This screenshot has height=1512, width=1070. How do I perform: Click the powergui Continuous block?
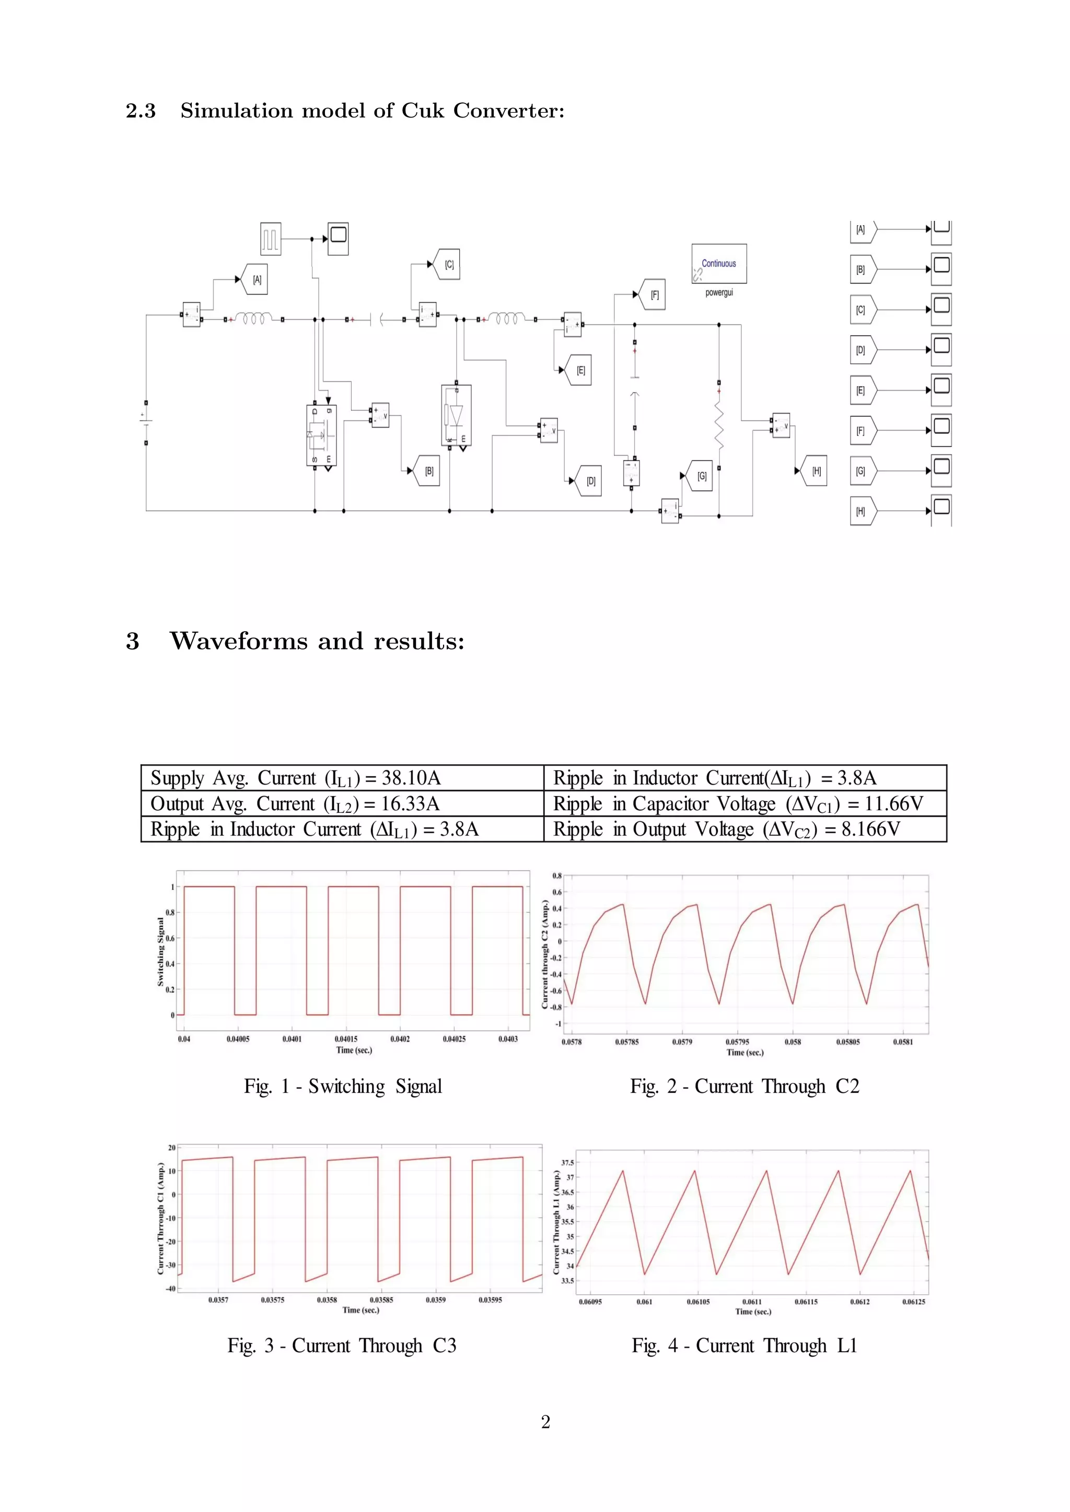pyautogui.click(x=719, y=264)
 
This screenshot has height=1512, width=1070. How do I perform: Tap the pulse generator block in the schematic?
pyautogui.click(x=271, y=239)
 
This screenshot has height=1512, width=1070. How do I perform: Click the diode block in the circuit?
pyautogui.click(x=456, y=415)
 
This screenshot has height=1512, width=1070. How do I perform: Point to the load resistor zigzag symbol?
pyautogui.click(x=719, y=425)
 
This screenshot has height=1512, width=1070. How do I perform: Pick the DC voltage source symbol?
pyautogui.click(x=146, y=421)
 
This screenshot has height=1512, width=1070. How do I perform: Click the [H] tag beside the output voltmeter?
pyautogui.click(x=816, y=471)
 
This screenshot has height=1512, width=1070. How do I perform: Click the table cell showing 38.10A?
pyautogui.click(x=342, y=778)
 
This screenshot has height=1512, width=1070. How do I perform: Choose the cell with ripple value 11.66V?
pyautogui.click(x=745, y=804)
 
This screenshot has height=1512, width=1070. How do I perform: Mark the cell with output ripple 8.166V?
pyautogui.click(x=745, y=829)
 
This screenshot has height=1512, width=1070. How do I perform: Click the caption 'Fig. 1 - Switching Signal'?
pyautogui.click(x=343, y=1086)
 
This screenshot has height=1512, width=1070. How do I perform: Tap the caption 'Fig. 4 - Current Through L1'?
pyautogui.click(x=745, y=1345)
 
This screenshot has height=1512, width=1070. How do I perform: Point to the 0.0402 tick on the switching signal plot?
pyautogui.click(x=400, y=1039)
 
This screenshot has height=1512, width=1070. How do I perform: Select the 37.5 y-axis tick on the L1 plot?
pyautogui.click(x=567, y=1163)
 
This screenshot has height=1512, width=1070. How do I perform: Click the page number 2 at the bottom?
pyautogui.click(x=545, y=1422)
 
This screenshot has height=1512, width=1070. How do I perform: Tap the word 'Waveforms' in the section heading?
pyautogui.click(x=239, y=641)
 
